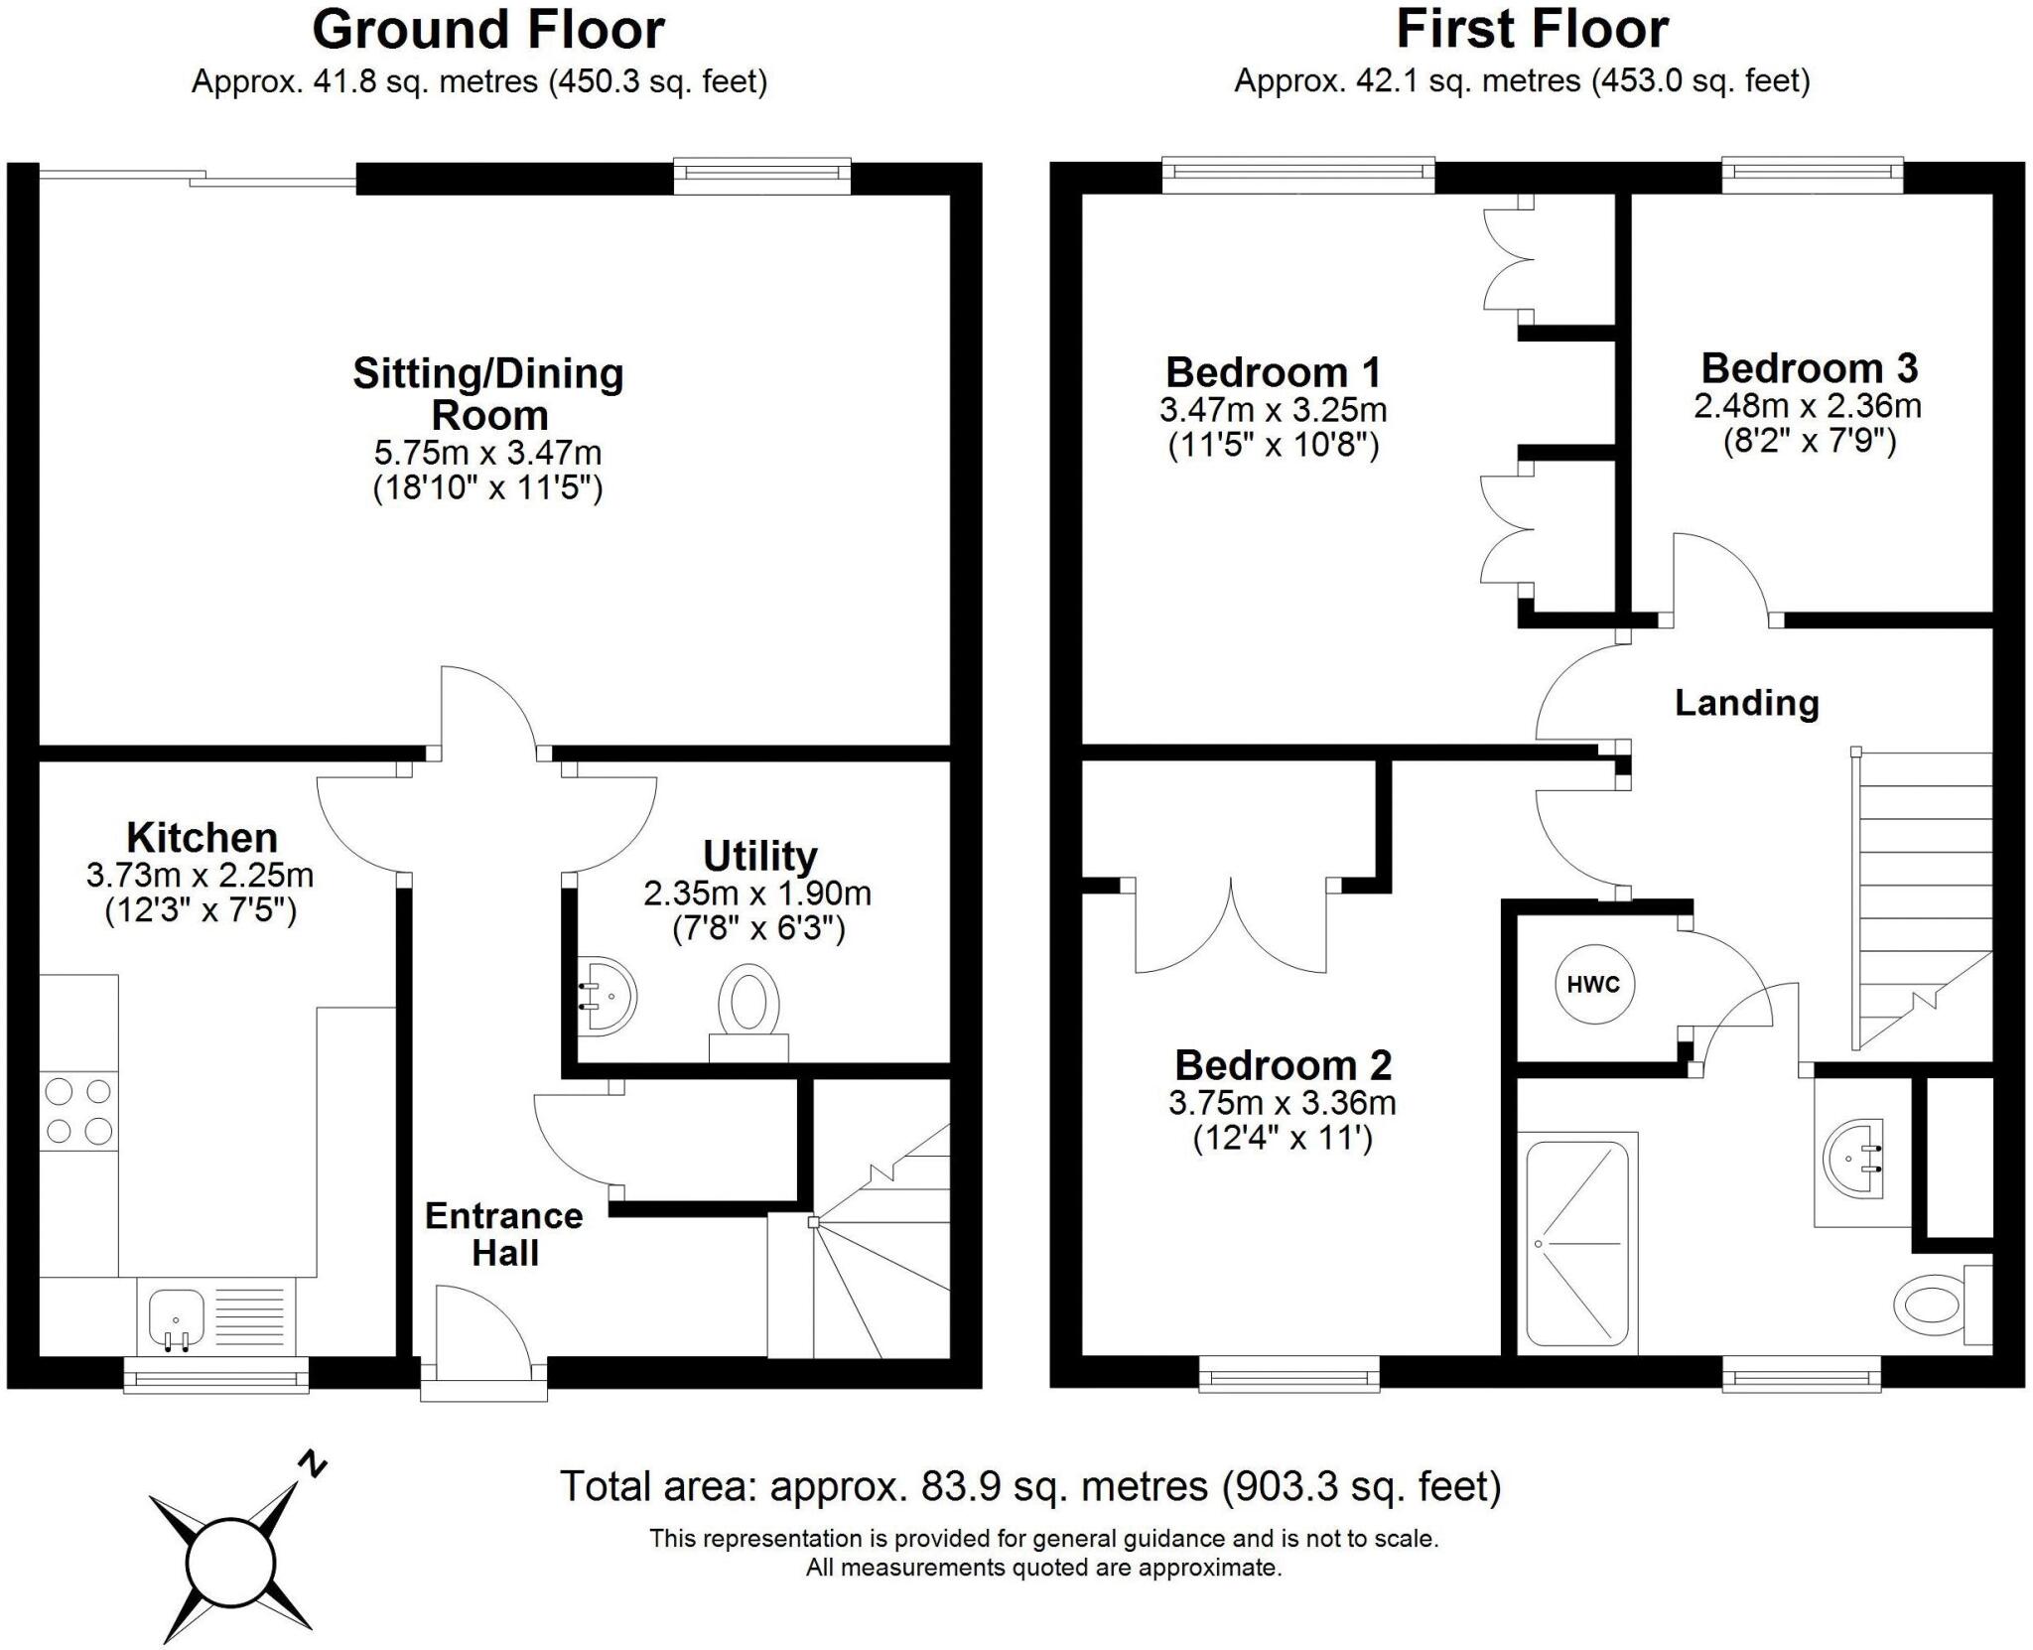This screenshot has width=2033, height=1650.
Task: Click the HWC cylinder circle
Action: (1593, 984)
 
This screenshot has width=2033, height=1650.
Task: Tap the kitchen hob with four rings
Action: (78, 1111)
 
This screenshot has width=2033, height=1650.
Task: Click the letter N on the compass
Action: (314, 1464)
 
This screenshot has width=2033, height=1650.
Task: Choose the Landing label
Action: (1746, 703)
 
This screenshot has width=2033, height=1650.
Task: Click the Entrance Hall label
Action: (504, 1234)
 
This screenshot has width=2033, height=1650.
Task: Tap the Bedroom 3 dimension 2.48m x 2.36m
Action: (1808, 406)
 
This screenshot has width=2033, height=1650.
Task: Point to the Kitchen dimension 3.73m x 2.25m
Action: (201, 875)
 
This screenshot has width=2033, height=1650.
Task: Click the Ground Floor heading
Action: (487, 30)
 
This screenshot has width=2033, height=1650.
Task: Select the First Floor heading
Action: (1532, 30)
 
